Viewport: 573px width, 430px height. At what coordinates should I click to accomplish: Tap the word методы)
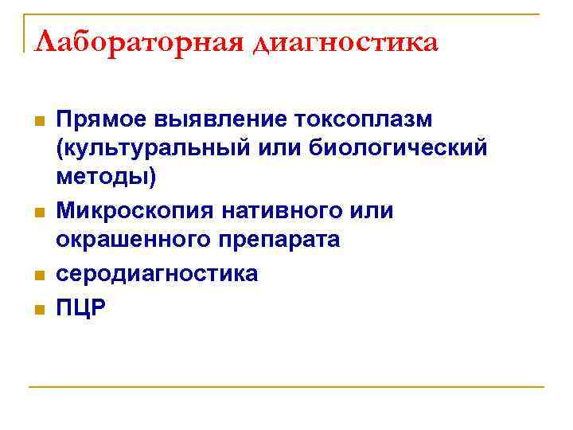pos(107,178)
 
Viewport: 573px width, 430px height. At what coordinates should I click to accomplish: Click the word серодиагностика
pos(157,273)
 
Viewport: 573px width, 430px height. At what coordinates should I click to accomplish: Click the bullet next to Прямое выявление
pos(37,121)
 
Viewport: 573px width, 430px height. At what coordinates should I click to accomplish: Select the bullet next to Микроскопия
pos(37,212)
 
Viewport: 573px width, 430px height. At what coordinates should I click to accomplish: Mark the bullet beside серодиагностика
pos(37,274)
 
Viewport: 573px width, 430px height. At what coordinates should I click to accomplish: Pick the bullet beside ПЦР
pos(37,307)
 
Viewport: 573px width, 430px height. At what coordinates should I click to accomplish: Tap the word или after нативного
pos(373,211)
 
